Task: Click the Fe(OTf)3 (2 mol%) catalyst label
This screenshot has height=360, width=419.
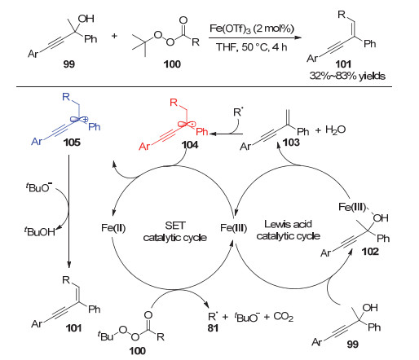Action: [252, 29]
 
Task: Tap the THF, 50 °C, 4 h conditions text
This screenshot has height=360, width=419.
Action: [251, 47]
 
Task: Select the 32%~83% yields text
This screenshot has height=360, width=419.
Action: [347, 76]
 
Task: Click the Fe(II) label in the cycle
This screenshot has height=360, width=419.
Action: [113, 228]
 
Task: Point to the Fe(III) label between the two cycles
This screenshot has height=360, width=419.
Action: [233, 228]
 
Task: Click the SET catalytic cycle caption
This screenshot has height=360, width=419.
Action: [175, 231]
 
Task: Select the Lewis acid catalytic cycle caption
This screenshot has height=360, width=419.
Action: [288, 230]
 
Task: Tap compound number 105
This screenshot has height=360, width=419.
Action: [72, 142]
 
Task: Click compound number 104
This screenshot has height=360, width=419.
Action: [190, 145]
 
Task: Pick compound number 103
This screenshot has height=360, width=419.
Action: [291, 142]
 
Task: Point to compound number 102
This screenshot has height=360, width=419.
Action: [370, 252]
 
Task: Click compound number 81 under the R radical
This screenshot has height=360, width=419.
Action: [213, 328]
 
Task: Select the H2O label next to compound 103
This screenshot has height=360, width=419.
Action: [335, 130]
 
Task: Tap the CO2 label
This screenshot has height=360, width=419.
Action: [284, 317]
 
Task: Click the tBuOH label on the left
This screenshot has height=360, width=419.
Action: [40, 231]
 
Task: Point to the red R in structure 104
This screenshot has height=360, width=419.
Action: [174, 103]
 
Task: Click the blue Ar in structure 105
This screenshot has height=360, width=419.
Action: [37, 142]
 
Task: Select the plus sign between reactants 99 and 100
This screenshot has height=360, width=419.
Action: [114, 36]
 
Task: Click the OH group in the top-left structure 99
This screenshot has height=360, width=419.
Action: [86, 19]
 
